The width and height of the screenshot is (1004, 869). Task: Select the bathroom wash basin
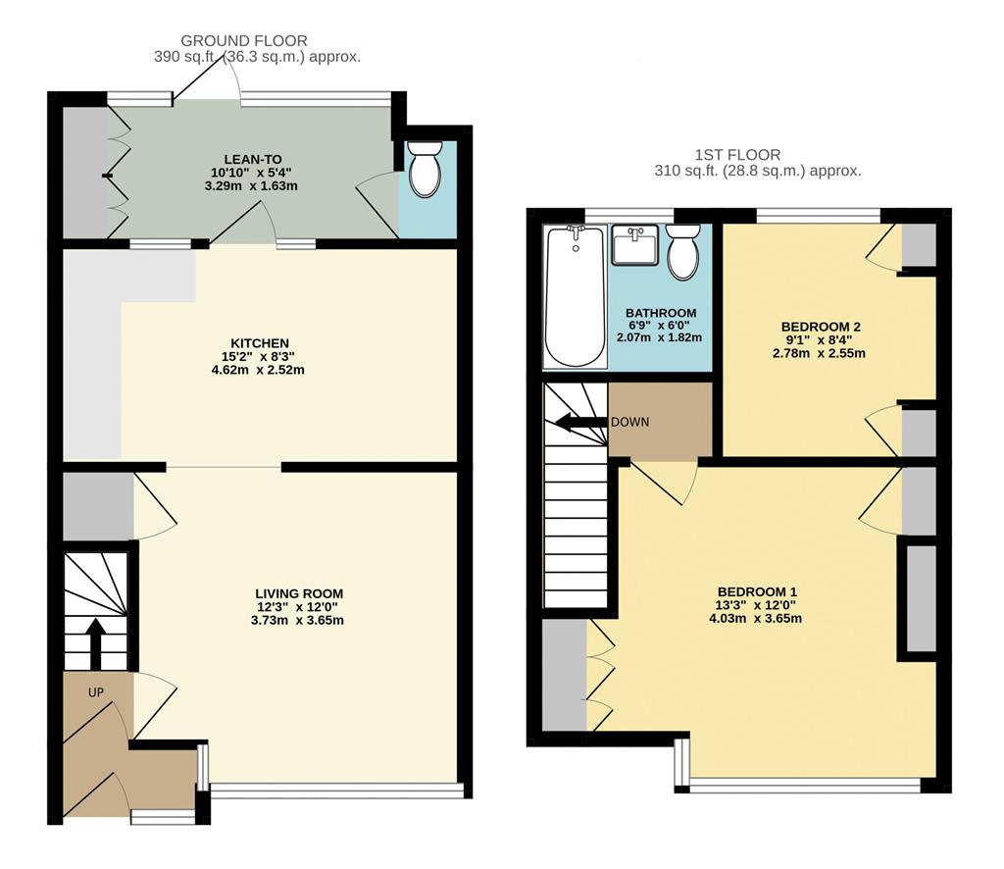635,245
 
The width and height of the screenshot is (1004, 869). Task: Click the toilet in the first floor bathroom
683,252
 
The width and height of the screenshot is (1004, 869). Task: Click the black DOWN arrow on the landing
579,423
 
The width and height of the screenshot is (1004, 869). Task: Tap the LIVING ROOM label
299,593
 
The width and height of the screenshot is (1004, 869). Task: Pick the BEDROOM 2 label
820,326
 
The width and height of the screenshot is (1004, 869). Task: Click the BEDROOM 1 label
757,591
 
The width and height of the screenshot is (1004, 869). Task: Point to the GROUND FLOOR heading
244,40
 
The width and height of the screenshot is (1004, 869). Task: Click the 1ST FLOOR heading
737,154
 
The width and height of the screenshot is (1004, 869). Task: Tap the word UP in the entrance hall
96,692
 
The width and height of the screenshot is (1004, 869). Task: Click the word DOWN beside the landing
629,422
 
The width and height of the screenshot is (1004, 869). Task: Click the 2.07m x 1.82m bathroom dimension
659,337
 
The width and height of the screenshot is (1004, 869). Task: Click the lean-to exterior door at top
208,84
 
